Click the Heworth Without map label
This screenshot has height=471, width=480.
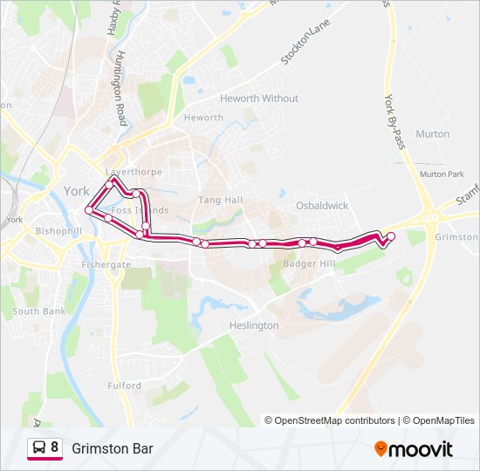click(x=259, y=99)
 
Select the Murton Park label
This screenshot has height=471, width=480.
click(x=442, y=174)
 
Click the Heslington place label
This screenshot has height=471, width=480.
click(x=255, y=325)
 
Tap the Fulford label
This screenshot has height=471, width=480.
click(x=125, y=386)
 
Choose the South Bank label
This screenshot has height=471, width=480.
click(x=38, y=311)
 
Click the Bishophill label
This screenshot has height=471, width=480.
click(x=58, y=231)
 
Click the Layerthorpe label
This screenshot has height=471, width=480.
click(x=134, y=172)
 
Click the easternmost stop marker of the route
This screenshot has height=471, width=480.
click(x=391, y=236)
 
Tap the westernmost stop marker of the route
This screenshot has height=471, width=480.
click(x=88, y=210)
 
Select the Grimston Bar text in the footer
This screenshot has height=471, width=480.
click(x=113, y=449)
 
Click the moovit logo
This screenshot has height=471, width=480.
click(x=414, y=449)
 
